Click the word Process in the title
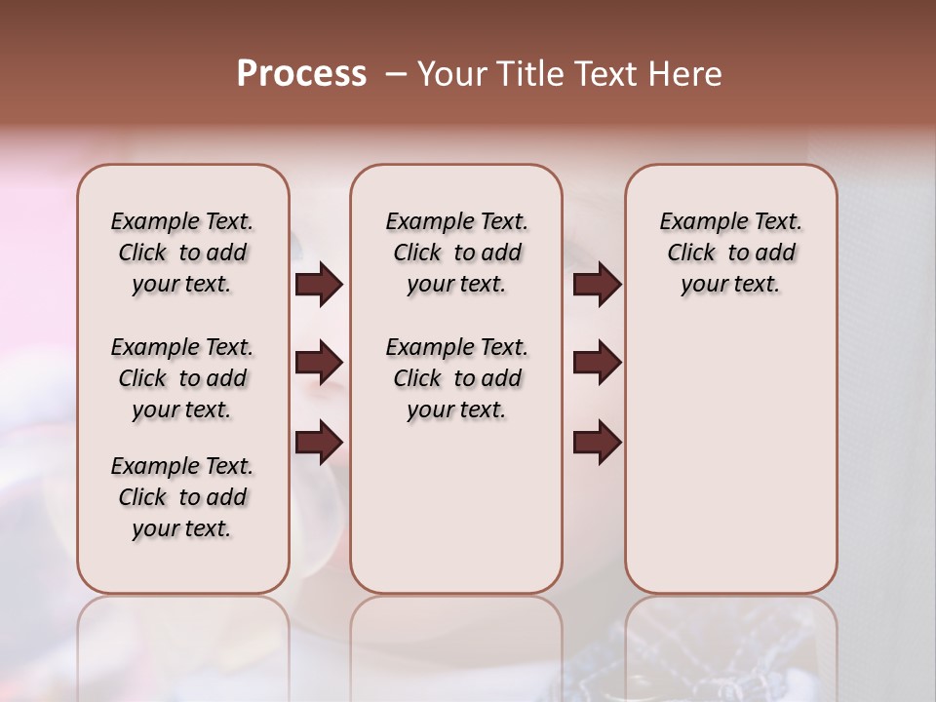pyautogui.click(x=301, y=74)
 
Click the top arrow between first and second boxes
pyautogui.click(x=319, y=285)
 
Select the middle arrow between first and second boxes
pyautogui.click(x=319, y=364)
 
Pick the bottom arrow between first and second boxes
pyautogui.click(x=319, y=443)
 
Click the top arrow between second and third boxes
pyautogui.click(x=597, y=285)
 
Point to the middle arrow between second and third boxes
pyautogui.click(x=597, y=364)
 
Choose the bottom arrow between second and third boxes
pyautogui.click(x=597, y=443)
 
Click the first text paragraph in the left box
pyautogui.click(x=182, y=253)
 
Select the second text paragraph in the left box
pyautogui.click(x=182, y=378)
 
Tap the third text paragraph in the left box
pyautogui.click(x=182, y=497)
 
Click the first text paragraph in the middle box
pyautogui.click(x=456, y=253)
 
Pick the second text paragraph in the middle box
pyautogui.click(x=456, y=378)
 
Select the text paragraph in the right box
pyautogui.click(x=730, y=253)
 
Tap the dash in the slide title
pyautogui.click(x=396, y=74)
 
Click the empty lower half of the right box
pyautogui.click(x=730, y=468)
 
